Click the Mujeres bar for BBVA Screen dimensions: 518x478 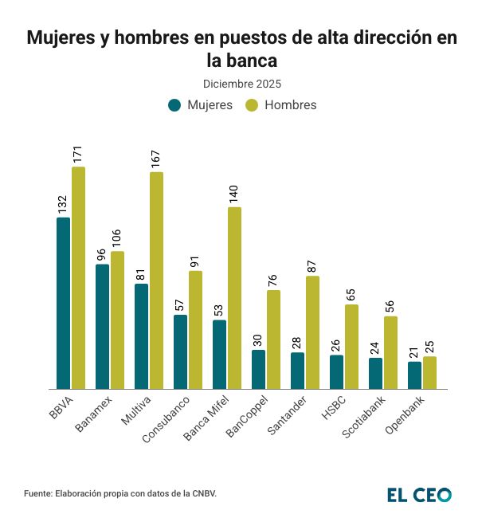(x=63, y=303)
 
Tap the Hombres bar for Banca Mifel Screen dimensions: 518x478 (x=234, y=298)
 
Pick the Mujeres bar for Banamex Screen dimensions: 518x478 (x=102, y=327)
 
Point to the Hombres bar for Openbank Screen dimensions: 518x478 (x=429, y=373)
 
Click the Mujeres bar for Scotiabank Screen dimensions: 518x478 (x=375, y=373)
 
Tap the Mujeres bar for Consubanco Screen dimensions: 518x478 (x=180, y=351)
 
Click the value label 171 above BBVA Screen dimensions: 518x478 (x=78, y=154)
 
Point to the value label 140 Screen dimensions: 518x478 (x=234, y=194)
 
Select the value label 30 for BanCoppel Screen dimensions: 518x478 (x=258, y=339)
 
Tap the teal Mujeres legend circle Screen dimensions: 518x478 (x=174, y=105)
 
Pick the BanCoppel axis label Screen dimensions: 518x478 (x=246, y=415)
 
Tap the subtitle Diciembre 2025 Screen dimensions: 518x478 (x=241, y=83)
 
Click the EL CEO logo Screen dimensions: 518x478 (x=419, y=495)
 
